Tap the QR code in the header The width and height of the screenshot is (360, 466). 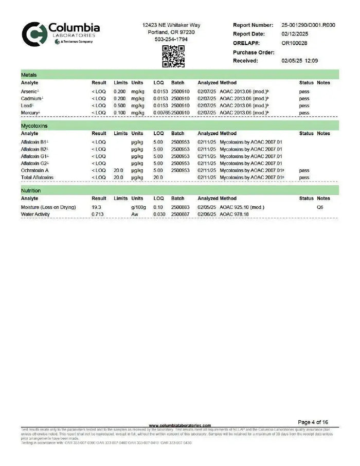[173, 56]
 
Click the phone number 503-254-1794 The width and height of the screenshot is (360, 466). [172, 39]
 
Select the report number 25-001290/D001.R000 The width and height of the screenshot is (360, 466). [308, 25]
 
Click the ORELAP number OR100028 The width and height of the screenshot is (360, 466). [294, 43]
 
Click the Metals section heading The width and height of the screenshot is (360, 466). [29, 75]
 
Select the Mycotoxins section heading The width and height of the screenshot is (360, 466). [34, 126]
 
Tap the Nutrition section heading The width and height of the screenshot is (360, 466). [31, 191]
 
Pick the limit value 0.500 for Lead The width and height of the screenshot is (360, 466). [119, 105]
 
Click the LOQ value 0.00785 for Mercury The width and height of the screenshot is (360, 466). [161, 113]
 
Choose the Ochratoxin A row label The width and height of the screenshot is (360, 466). [35, 170]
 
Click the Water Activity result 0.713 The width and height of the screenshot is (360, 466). [97, 214]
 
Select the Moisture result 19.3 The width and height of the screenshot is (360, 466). [96, 207]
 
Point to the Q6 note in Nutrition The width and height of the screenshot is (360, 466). [320, 207]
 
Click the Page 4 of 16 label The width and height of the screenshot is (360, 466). [313, 422]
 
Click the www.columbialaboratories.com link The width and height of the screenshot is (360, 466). [179, 426]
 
